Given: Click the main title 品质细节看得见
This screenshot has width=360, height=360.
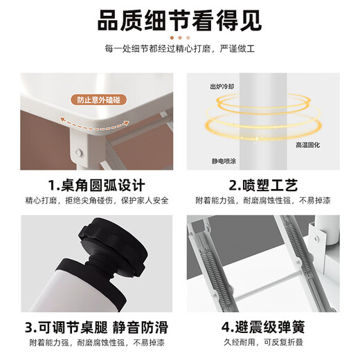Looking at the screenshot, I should tap(179, 20).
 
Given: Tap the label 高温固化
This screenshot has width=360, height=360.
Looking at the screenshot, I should tap(307, 145).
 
